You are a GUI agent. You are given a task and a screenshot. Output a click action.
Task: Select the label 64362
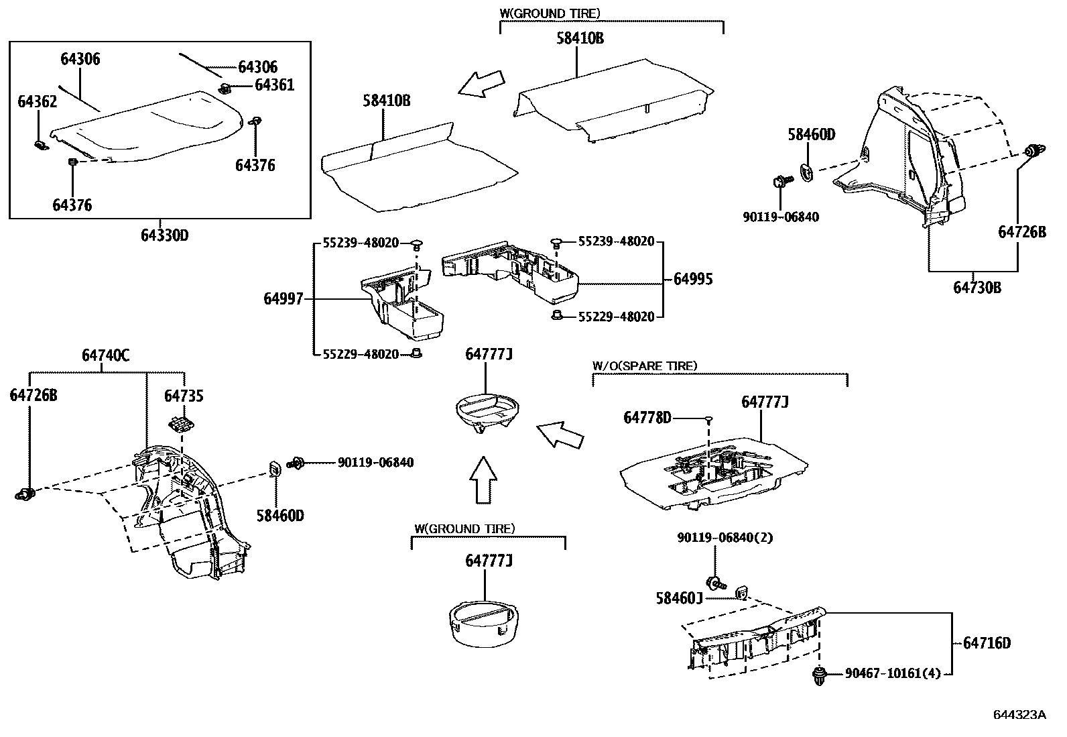[x=37, y=101]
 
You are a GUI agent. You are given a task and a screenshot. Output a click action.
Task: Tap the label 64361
[x=275, y=85]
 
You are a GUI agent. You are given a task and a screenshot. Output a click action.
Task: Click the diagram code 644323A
[x=1019, y=715]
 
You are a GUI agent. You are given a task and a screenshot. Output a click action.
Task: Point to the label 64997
[x=283, y=299]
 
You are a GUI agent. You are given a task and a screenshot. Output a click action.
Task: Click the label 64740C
[x=105, y=356]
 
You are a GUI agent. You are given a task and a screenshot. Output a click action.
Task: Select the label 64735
[x=184, y=396]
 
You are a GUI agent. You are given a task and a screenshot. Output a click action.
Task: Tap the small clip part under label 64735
[x=180, y=424]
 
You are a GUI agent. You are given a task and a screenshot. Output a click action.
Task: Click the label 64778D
[x=647, y=418]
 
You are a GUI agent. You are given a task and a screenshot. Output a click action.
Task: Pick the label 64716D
[x=987, y=643]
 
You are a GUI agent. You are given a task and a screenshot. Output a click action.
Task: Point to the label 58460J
[x=679, y=598]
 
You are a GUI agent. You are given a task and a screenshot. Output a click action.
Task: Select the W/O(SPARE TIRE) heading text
[x=644, y=365]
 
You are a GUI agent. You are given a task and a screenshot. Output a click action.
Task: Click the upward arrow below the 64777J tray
[x=482, y=480]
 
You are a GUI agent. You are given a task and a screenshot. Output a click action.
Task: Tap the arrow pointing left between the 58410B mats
[x=480, y=84]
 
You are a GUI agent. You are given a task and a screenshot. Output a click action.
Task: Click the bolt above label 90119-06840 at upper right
[x=781, y=182]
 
